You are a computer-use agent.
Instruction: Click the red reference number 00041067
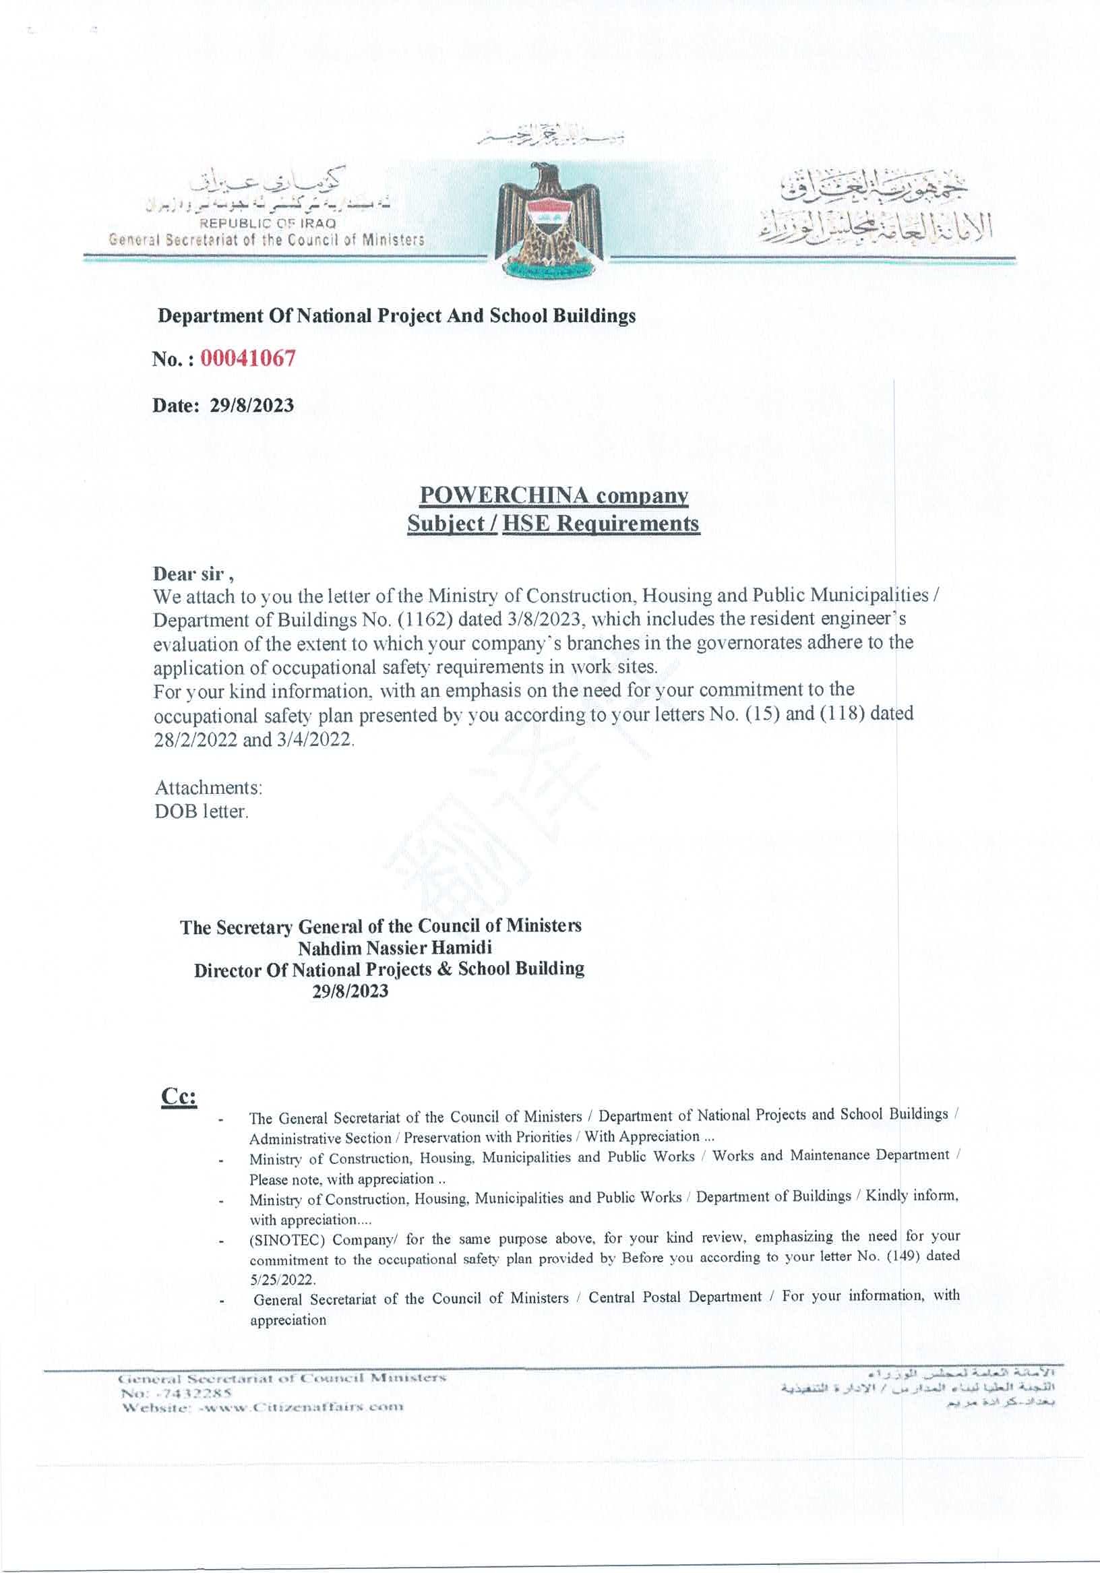tap(247, 359)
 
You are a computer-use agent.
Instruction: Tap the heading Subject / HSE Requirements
tap(553, 524)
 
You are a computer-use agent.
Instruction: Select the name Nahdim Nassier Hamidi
tap(395, 948)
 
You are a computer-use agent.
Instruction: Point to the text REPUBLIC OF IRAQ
tap(267, 224)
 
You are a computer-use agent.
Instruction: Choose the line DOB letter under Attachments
tap(201, 812)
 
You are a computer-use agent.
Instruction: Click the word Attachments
tap(209, 786)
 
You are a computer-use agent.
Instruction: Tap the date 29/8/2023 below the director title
tap(350, 991)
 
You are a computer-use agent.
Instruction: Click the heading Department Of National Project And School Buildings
tap(396, 317)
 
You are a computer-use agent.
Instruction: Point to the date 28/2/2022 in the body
tap(195, 741)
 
